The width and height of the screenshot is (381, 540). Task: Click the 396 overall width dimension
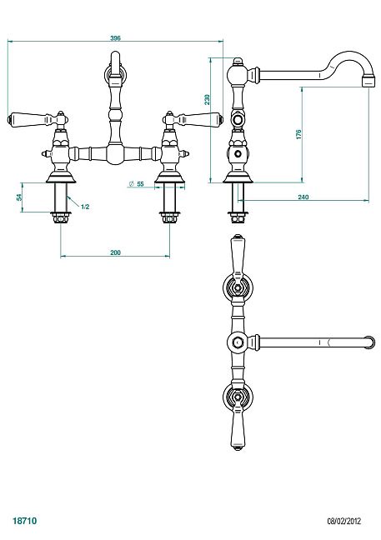pos(115,37)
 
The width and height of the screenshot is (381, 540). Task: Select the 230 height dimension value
pos(207,99)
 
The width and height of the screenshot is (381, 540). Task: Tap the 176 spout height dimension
pos(298,134)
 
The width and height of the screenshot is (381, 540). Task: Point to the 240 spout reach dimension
pos(303,197)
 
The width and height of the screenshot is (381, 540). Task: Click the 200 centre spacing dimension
pos(115,252)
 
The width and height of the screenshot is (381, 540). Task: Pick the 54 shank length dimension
pos(19,197)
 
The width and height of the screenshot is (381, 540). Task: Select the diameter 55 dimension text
pos(137,184)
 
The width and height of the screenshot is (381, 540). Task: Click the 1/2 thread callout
pos(85,207)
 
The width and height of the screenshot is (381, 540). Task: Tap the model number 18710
pos(24,520)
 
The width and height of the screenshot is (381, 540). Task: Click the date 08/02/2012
pos(344,521)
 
